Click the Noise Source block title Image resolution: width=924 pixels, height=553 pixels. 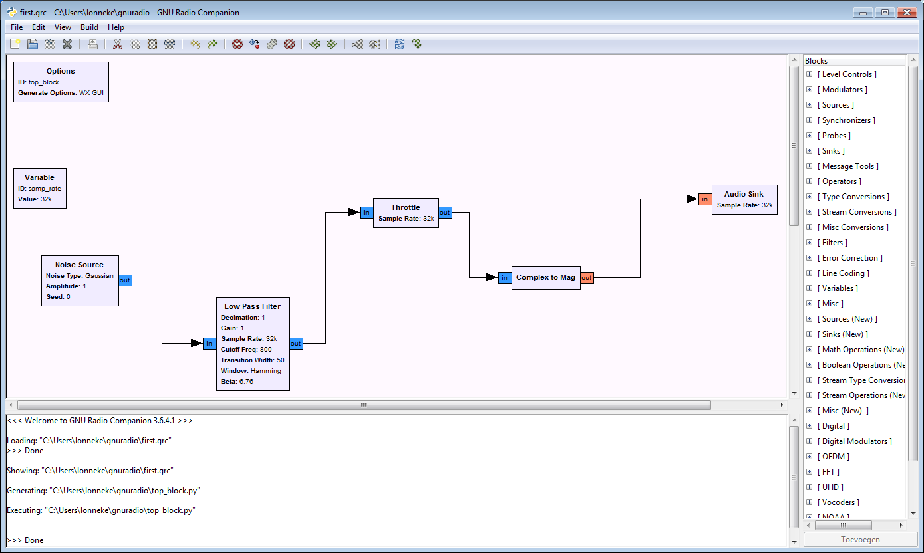pos(79,265)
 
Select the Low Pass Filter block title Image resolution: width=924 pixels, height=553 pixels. pos(252,306)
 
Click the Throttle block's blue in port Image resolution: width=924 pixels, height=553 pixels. pos(367,213)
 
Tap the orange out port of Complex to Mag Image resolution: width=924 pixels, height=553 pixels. pos(587,278)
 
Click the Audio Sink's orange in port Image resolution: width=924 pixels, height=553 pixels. pos(704,199)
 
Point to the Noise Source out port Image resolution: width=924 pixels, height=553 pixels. pos(125,280)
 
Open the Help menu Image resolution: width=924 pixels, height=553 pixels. pos(116,27)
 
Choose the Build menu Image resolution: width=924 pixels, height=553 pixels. pos(89,27)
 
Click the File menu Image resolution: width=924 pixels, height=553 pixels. pos(17,27)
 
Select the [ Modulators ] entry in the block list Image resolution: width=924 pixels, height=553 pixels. pos(844,90)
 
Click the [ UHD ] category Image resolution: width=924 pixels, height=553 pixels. pos(832,487)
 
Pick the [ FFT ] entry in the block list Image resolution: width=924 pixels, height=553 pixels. pos(830,472)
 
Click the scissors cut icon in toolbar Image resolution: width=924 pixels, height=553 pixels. pos(118,44)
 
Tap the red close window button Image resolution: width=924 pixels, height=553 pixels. pos(906,12)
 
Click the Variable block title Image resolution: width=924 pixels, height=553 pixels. pos(39,177)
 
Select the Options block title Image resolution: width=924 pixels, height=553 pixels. pos(61,71)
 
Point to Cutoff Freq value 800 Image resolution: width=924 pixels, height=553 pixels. pos(266,349)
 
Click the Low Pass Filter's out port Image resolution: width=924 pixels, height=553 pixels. pos(296,344)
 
